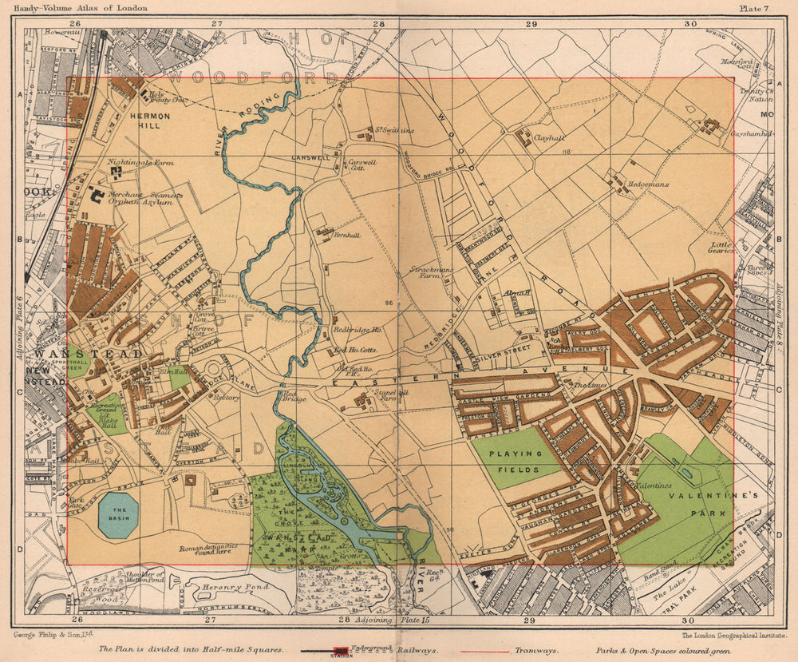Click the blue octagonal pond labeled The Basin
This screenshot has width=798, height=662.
click(118, 515)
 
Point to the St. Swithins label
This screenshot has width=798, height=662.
click(396, 130)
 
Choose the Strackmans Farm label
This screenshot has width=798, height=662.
click(432, 274)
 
